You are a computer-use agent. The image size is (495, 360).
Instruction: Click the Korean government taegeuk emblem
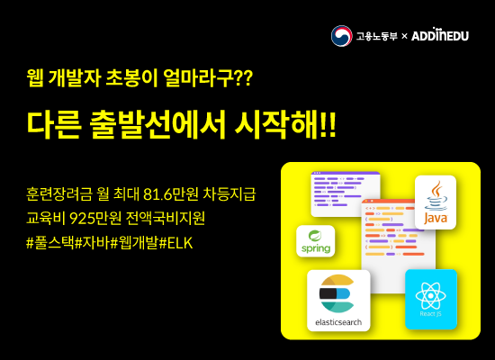(342, 36)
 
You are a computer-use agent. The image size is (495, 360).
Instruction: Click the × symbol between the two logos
(404, 36)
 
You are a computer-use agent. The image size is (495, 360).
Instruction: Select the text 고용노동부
(376, 36)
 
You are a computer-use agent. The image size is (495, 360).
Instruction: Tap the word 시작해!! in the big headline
(285, 125)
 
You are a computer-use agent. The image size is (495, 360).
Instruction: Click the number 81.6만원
(170, 193)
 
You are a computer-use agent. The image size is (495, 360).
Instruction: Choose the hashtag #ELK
(175, 243)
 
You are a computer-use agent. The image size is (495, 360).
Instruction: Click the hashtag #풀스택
(50, 243)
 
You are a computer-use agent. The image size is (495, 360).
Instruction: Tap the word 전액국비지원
(166, 218)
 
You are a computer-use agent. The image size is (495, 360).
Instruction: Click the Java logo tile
(436, 202)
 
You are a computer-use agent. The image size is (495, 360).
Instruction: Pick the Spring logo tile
(315, 241)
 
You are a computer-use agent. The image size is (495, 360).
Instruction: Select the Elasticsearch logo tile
(338, 301)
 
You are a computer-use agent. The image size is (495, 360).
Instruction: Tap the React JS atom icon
(430, 296)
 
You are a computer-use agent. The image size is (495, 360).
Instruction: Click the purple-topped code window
(345, 193)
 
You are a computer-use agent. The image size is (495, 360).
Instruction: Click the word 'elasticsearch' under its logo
(338, 322)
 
